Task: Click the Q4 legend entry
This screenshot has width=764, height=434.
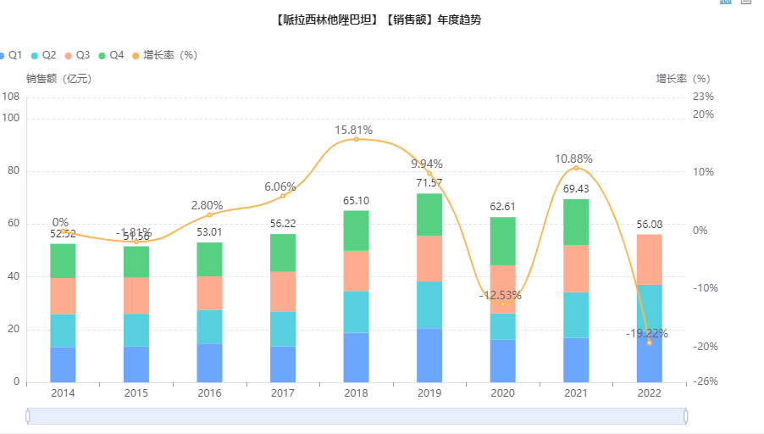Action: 111,55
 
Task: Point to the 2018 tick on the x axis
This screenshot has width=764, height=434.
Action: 356,393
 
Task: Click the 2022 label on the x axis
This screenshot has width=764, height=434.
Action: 649,393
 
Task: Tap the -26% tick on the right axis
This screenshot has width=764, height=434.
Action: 704,381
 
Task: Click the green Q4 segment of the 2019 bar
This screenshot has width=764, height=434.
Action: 429,214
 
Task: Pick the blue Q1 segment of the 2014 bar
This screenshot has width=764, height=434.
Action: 63,364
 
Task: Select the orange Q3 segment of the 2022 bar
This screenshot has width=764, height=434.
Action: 649,259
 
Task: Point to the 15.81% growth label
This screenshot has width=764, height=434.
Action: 354,130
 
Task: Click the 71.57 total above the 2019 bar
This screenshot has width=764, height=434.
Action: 429,183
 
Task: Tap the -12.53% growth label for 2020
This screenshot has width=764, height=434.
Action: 500,295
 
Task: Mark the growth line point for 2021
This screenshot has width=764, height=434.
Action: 576,168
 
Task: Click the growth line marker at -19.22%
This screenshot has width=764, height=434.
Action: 649,342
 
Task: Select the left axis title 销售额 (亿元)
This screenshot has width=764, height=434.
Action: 58,79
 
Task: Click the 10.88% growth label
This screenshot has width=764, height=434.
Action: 573,159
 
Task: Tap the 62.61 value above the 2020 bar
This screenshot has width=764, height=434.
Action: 503,206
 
